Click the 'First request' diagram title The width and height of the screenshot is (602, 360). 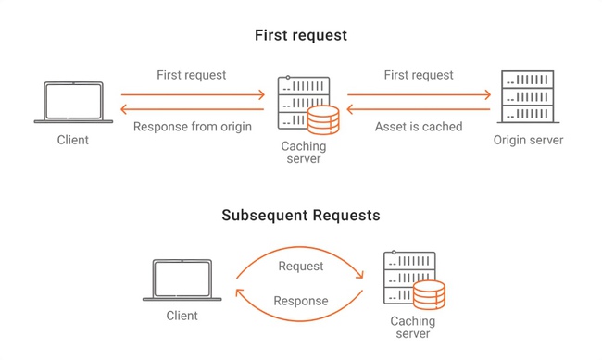point(301,35)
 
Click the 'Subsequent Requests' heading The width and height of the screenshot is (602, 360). point(301,216)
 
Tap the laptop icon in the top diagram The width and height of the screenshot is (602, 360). point(72,102)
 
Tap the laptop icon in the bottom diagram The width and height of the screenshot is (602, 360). point(182,280)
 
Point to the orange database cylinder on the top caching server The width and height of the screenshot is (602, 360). point(322,121)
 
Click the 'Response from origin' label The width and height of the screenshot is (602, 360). point(193,127)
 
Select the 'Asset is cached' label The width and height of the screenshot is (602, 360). point(418,127)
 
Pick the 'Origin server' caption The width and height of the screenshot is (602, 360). point(529,141)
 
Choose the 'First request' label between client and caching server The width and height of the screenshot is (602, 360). point(191,75)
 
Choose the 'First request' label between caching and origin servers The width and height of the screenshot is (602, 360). point(419,75)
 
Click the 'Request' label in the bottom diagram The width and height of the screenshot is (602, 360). point(301,266)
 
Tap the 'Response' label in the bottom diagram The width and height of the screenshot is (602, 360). point(301,301)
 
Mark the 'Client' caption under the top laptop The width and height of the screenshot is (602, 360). point(72,141)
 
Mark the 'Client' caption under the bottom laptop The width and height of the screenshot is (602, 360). point(182,316)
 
